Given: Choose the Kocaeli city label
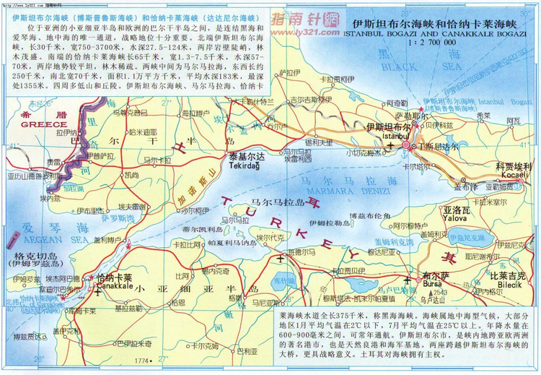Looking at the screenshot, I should coord(514,176).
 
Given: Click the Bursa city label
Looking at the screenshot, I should coord(435,284).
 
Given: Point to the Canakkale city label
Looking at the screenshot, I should coord(114,286).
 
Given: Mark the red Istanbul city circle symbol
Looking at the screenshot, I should coord(406,145).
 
